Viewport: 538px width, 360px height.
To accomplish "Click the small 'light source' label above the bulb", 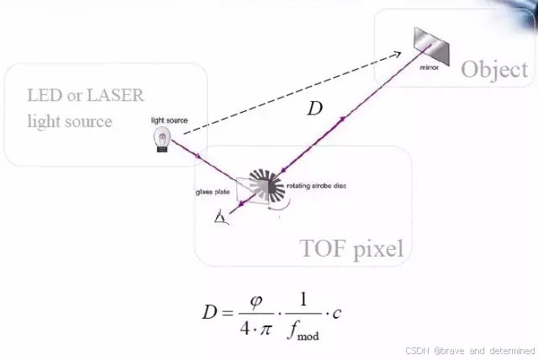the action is [169, 120].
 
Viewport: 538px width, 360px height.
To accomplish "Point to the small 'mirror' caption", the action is [429, 66].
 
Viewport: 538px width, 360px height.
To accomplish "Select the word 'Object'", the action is [494, 69].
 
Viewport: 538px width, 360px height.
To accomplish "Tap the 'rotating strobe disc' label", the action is [316, 185].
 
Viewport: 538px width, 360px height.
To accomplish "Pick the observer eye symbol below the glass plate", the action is [221, 219].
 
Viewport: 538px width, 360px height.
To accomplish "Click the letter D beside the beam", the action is [314, 109].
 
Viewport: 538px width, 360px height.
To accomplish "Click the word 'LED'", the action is [44, 95].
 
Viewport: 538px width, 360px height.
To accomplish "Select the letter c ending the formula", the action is [336, 314].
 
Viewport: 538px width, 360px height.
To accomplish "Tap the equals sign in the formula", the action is [229, 313].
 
